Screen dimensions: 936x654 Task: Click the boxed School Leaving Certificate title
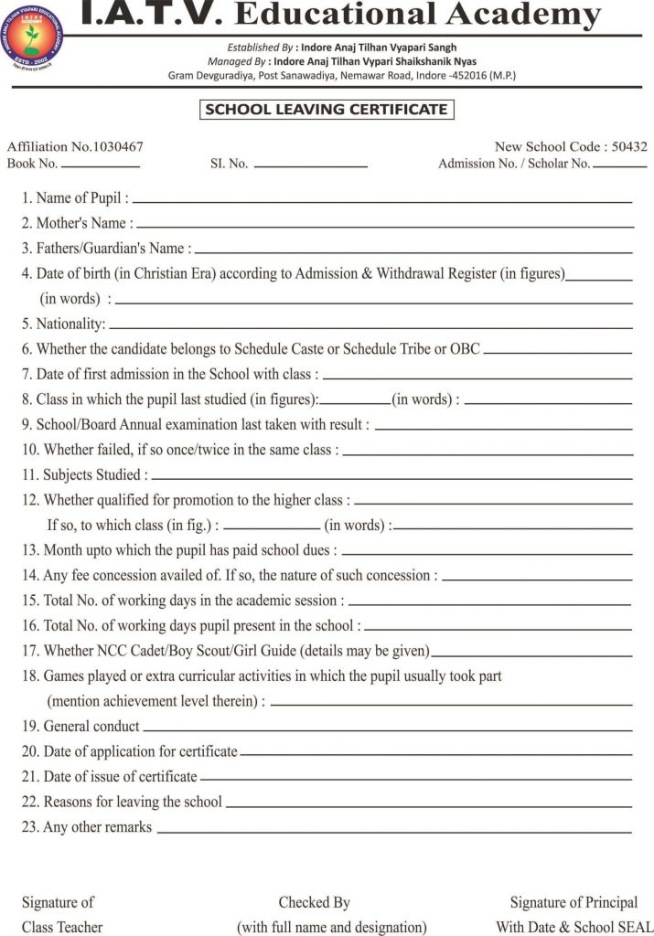coord(327,110)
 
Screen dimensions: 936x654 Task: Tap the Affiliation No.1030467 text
coord(75,146)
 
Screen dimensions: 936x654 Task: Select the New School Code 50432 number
coord(630,146)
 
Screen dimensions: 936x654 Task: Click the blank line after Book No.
coord(101,166)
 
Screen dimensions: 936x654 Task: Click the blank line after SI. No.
coord(310,166)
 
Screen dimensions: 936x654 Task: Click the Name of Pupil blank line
coord(382,200)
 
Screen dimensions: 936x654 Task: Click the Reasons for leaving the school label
coord(122,802)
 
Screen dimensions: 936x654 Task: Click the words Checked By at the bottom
coord(315,902)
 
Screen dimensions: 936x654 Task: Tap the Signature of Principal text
coord(574,902)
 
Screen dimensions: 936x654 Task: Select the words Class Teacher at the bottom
coord(62,927)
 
